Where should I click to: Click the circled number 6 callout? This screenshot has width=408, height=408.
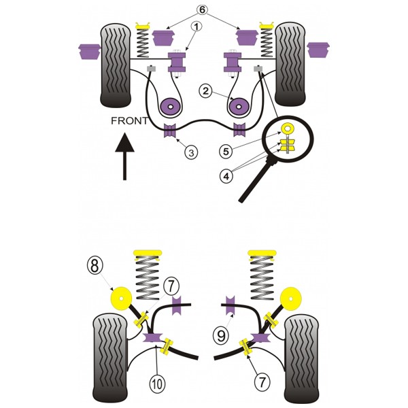(202, 10)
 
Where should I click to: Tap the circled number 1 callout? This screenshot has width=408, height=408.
(197, 27)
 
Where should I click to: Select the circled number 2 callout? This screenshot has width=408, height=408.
(205, 91)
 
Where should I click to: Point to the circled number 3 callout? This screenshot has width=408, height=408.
(191, 152)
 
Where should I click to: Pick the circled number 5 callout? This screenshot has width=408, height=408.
(226, 152)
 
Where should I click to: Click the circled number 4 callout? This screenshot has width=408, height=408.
(226, 176)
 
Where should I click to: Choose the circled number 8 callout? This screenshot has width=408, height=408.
(95, 265)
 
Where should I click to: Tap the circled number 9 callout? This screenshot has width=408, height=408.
(221, 336)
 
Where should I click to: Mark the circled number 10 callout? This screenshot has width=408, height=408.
(158, 384)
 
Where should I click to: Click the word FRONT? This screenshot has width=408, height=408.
(129, 121)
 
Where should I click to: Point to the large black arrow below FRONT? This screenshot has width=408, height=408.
(125, 156)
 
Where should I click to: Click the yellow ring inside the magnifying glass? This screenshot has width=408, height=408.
(287, 128)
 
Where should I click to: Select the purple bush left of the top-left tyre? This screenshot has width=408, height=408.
(90, 52)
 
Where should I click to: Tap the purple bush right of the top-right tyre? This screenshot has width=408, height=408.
(318, 50)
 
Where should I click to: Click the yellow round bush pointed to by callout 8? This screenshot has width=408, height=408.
(121, 299)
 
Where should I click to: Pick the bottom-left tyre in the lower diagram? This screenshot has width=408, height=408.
(110, 358)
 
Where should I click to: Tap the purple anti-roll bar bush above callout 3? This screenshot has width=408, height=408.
(170, 131)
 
